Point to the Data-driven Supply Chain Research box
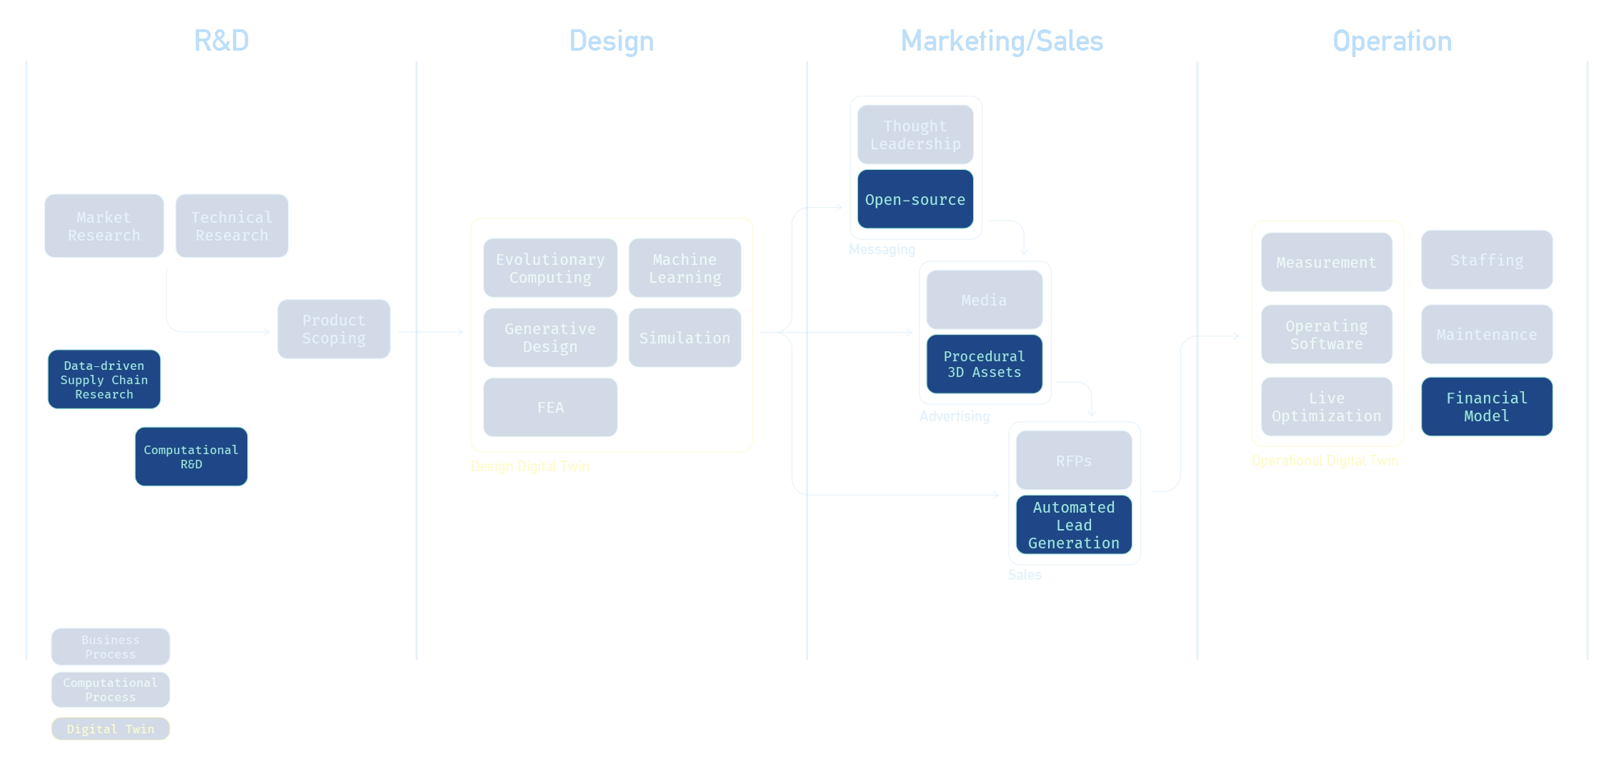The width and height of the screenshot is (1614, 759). (104, 380)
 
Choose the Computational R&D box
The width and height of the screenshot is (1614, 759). (191, 457)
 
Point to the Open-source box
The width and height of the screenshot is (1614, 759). (915, 200)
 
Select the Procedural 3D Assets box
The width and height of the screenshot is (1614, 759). (984, 364)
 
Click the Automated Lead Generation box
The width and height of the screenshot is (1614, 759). (1074, 526)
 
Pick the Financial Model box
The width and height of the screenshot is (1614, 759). (1486, 407)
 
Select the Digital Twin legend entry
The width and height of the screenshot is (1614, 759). (111, 729)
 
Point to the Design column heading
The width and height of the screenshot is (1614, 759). (611, 41)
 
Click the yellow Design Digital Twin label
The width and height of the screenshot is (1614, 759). (531, 466)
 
